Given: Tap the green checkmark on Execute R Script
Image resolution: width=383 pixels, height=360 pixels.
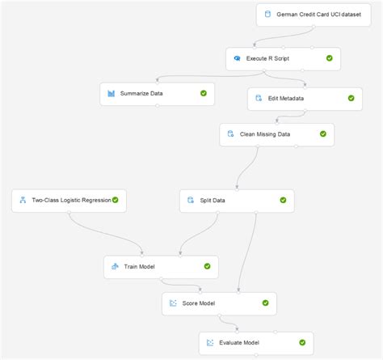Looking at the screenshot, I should [x=330, y=58].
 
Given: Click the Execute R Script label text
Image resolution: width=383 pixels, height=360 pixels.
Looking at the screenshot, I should [x=270, y=58].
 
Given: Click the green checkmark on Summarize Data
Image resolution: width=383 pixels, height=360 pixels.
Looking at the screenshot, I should [x=204, y=94].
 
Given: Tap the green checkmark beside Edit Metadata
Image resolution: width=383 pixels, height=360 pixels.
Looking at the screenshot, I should [x=351, y=98].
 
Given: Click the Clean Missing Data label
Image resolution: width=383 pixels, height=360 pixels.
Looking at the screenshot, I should [x=265, y=133].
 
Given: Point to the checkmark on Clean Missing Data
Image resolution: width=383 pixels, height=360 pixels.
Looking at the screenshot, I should [x=323, y=133].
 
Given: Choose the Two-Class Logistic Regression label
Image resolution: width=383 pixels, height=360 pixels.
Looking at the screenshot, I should [x=70, y=200].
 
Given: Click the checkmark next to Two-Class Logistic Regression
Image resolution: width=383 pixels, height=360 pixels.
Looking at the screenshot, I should [x=116, y=200].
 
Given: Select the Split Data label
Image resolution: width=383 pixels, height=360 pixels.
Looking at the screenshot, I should [x=213, y=200].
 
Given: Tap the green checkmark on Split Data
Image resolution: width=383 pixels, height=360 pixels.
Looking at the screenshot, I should [x=283, y=200].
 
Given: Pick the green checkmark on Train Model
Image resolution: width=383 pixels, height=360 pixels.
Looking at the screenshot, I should [x=208, y=266].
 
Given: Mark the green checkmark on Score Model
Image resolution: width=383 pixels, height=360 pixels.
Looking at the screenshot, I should [x=266, y=303].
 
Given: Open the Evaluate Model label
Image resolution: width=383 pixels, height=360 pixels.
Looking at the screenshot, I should [x=241, y=342].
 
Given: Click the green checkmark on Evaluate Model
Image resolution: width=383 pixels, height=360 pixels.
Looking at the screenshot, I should [x=302, y=342].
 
